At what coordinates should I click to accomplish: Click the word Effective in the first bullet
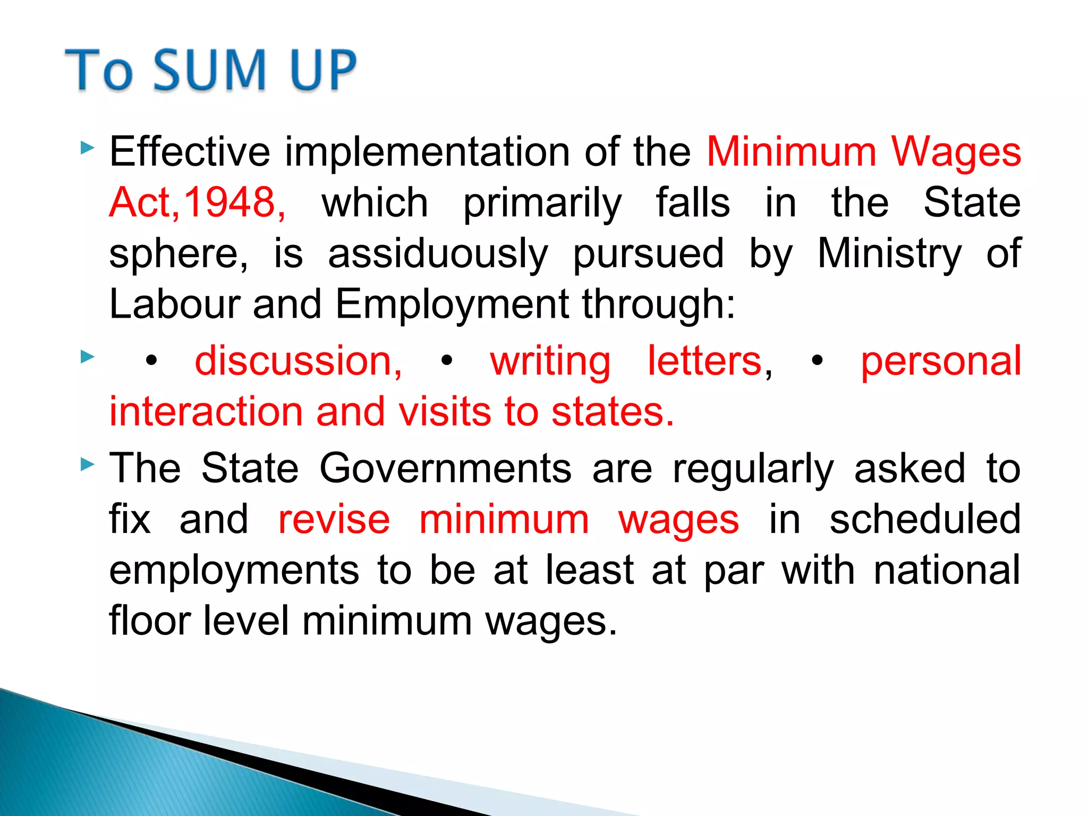pos(190,152)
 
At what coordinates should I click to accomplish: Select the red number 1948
pos(229,202)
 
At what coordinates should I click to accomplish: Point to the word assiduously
pos(438,253)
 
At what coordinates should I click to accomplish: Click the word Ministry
pos(889,253)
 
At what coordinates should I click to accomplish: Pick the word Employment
pos(452,304)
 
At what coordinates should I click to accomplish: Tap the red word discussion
pos(299,361)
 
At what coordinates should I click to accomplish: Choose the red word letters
pos(705,361)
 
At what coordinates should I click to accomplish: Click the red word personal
pos(941,361)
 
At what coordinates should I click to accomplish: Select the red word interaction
pos(205,412)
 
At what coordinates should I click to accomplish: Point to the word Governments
pos(445,469)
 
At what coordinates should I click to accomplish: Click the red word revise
pos(334,520)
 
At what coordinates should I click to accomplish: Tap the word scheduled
pos(925,520)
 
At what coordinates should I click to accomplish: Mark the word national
pos(947,570)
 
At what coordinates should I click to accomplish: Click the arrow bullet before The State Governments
pos(88,465)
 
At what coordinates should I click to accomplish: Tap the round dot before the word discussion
pos(152,361)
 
